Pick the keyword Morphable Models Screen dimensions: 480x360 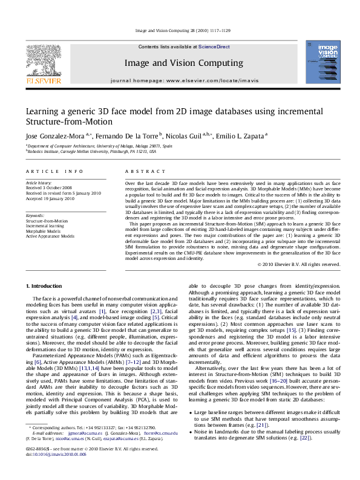[44, 231]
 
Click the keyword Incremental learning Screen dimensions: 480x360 [45, 226]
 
